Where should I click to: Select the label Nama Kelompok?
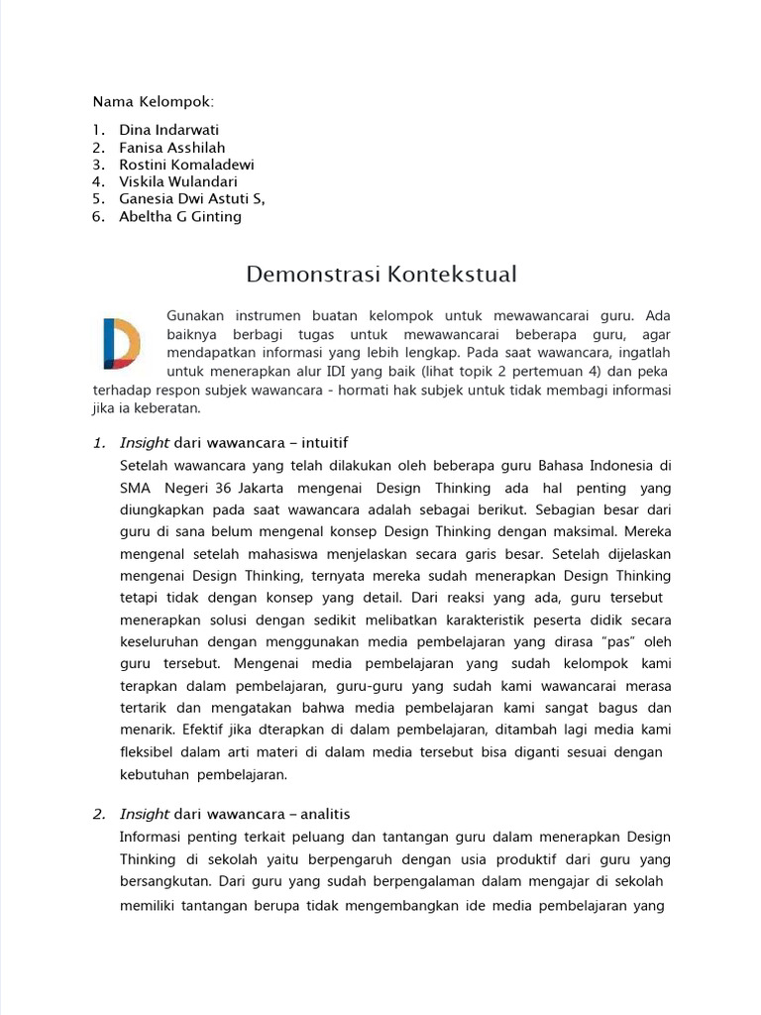[153, 102]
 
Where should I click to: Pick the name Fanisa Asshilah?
[173, 147]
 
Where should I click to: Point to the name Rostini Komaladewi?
[186, 165]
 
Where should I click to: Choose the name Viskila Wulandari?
[179, 181]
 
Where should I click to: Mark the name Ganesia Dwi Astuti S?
[191, 199]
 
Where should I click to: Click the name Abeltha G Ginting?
[179, 216]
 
